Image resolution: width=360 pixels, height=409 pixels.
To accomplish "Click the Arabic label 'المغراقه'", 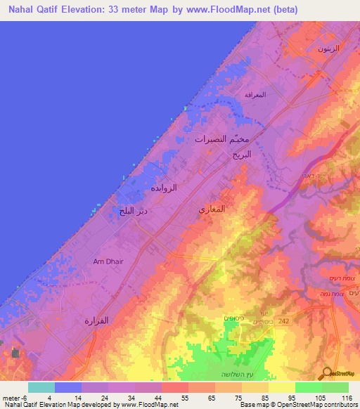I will point(254,93).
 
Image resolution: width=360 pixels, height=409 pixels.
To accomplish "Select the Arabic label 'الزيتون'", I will point(328,48).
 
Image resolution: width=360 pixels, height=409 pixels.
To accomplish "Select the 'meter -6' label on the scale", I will point(15,397).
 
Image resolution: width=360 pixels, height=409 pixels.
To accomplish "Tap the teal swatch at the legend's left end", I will point(41,387).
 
